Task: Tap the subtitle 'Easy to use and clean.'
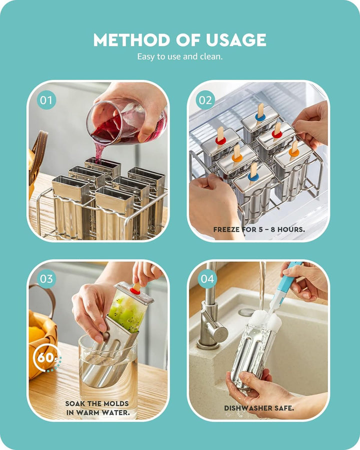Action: pos(180,56)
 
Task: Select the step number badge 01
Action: pos(46,100)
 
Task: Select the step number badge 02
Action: pos(205,100)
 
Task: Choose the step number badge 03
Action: pos(46,278)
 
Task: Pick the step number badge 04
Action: pos(207,278)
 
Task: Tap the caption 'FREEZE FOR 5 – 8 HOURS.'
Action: pos(259,229)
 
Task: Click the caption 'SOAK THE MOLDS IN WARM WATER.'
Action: pos(97,408)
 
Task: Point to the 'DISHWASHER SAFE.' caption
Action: pos(259,408)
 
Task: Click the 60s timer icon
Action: pos(45,359)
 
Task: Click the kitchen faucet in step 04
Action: pos(210,320)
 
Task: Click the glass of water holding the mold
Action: pos(107,370)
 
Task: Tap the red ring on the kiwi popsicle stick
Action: pos(135,290)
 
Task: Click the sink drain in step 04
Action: pos(246,312)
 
